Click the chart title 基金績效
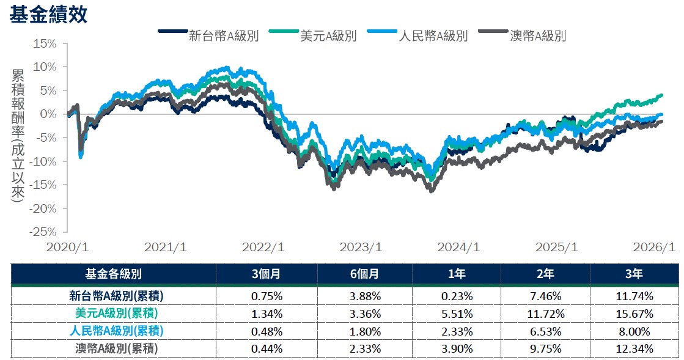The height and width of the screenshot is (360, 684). (x=48, y=15)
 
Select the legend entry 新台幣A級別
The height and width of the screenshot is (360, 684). (x=224, y=35)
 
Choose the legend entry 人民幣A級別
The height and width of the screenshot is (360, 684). (x=433, y=35)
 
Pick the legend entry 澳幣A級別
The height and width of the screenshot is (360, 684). (x=537, y=35)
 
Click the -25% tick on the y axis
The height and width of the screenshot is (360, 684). (x=43, y=232)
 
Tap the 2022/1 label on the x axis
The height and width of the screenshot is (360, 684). (x=263, y=248)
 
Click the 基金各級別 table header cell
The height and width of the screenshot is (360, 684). (x=114, y=274)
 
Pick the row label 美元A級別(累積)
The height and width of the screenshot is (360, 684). (x=114, y=314)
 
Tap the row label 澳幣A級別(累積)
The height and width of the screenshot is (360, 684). (x=114, y=348)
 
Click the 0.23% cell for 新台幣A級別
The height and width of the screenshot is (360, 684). (x=456, y=296)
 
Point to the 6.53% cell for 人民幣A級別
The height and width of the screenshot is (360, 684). (x=545, y=331)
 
